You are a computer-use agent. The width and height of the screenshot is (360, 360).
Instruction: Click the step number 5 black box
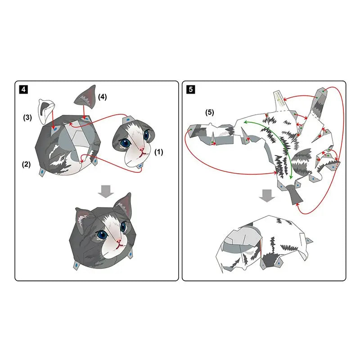[x=190, y=89]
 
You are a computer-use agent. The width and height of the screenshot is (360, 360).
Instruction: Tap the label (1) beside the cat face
[x=158, y=152]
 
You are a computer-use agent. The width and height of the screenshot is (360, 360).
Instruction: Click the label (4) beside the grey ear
[x=103, y=97]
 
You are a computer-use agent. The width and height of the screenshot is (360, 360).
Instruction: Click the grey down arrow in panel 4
[x=105, y=191]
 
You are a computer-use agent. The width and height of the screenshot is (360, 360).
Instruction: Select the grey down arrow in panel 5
[x=267, y=195]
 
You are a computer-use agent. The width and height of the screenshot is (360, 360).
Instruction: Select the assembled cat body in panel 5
[x=263, y=243]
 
